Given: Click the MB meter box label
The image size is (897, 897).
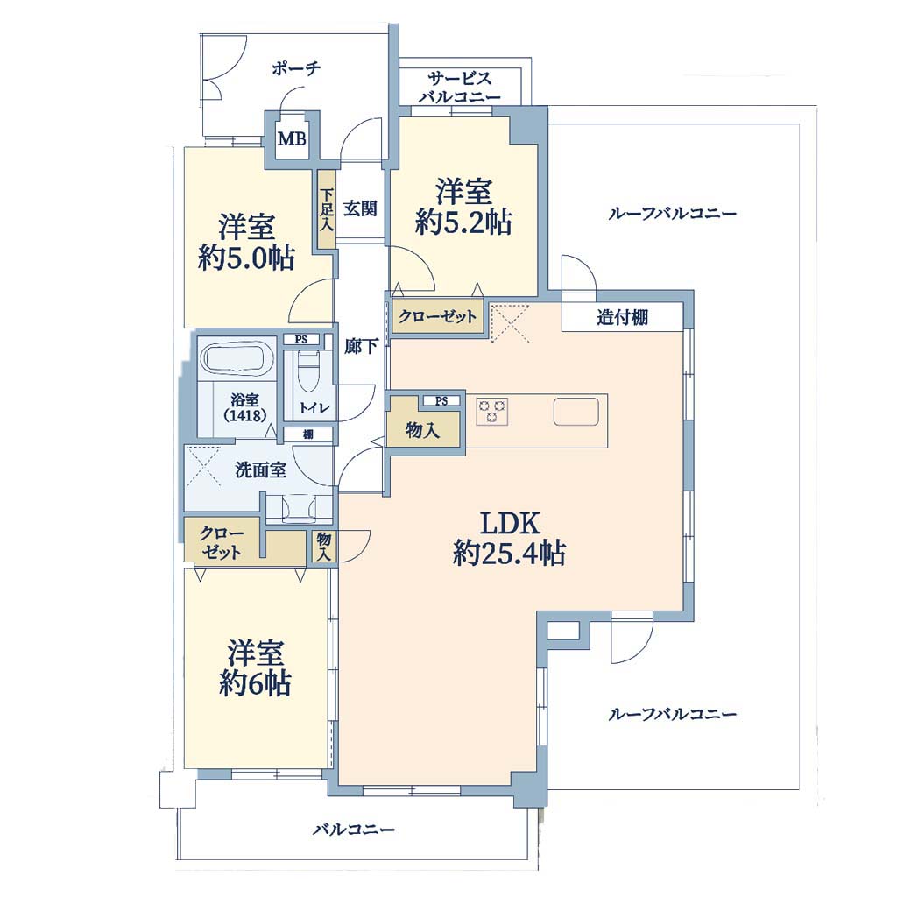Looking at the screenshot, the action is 292,139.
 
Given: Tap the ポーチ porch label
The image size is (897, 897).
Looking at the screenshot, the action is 296,69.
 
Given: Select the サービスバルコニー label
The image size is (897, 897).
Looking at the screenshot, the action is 459,88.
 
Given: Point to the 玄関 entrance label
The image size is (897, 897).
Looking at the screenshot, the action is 360,208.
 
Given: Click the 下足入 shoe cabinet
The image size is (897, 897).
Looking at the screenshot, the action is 326,209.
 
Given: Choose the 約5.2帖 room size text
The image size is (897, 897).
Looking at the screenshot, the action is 463,222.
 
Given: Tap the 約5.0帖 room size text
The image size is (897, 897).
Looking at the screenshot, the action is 246,258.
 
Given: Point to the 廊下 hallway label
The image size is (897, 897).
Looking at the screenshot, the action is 361,347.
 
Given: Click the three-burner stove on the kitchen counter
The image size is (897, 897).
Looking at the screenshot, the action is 492,412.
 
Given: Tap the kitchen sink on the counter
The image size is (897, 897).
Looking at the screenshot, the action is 576,412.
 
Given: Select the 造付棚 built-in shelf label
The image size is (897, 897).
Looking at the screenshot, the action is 623,317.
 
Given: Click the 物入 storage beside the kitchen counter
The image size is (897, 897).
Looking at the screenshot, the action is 423,430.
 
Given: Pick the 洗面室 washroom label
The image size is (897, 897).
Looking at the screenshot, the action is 260,470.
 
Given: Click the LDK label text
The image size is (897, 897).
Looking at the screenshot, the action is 510,524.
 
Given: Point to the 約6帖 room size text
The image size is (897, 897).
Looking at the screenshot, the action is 255,683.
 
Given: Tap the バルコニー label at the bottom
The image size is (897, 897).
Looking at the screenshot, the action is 354,829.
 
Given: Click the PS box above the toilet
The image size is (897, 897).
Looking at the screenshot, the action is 301,339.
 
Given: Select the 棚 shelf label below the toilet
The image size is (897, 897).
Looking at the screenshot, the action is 307,434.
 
